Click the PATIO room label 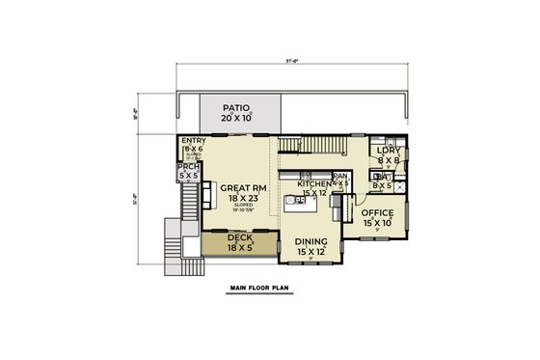(x=235, y=108)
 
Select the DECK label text (x=239, y=236)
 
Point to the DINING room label (x=311, y=241)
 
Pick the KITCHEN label (x=314, y=183)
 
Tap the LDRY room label (x=389, y=151)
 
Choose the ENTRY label (x=194, y=141)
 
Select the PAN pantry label (x=340, y=177)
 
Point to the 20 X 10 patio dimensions (x=235, y=118)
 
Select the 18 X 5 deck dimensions (x=239, y=247)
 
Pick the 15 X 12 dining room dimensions (x=311, y=252)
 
